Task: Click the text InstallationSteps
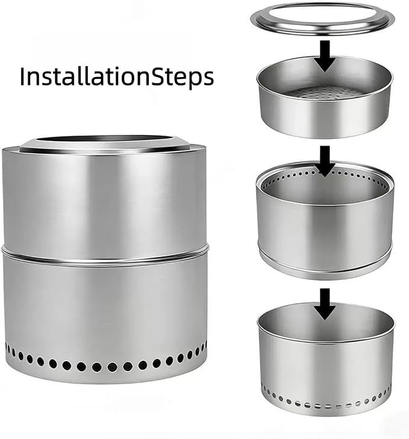pos(117,76)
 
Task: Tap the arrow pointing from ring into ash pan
pos(325,56)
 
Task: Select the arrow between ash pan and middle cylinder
pos(325,161)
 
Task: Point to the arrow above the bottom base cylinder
pos(325,304)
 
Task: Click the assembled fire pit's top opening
pos(105,139)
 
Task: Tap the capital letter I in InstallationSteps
pos(22,76)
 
